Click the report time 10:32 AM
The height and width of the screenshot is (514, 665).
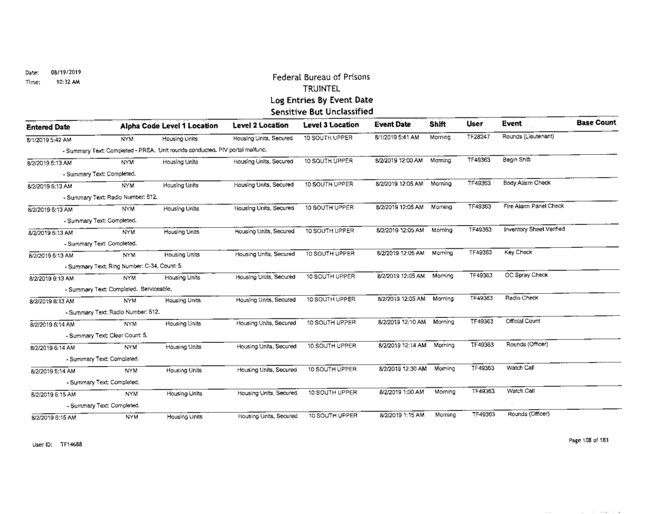tap(65, 81)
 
